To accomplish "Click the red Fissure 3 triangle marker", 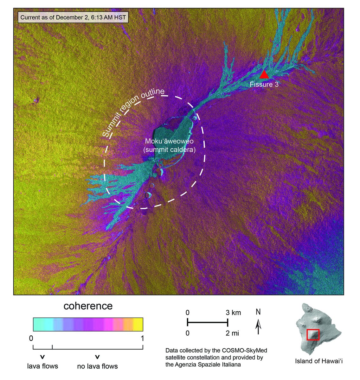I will (264, 75).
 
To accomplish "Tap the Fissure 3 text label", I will (264, 85).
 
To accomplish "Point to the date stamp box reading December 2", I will (73, 17).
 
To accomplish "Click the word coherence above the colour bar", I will (88, 306).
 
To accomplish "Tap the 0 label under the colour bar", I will (31, 339).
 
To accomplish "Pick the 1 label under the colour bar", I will (142, 339).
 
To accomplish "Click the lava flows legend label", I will (42, 366).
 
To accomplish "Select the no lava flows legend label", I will (97, 366).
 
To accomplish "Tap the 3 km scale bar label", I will (233, 313).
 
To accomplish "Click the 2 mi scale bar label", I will (233, 333).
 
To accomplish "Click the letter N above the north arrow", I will (258, 312).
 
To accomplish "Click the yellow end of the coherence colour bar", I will (138, 324).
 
